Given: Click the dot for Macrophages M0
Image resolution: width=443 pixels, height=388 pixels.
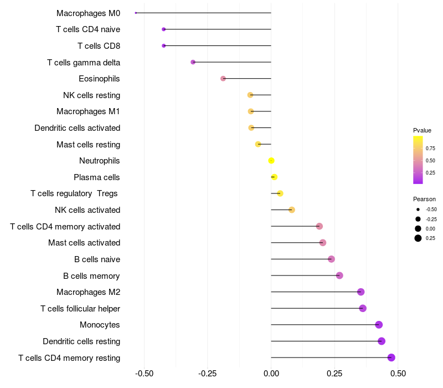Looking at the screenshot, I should point(136,13).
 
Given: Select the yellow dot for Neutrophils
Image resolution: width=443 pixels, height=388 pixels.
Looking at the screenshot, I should point(271,161).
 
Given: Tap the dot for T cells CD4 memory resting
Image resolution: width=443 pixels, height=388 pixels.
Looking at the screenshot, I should point(392,358).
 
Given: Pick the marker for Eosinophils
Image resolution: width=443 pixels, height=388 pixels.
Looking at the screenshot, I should point(223,79).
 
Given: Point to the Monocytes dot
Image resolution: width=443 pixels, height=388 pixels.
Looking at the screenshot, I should point(379,325).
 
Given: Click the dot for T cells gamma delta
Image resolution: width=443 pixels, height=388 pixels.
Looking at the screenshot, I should point(193,62).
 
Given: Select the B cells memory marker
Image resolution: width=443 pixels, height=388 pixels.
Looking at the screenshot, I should point(339,275).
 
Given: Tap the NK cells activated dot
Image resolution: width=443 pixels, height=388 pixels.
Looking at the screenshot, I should point(292,210).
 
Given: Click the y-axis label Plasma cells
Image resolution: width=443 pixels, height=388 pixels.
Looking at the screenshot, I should point(97,177).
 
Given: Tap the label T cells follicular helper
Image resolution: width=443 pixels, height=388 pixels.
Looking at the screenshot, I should point(80,308).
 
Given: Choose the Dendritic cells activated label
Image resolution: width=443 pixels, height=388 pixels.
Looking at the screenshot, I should point(78,128).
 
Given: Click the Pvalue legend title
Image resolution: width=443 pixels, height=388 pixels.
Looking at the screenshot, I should point(422,130).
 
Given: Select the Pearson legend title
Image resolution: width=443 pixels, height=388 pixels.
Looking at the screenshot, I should point(424,199).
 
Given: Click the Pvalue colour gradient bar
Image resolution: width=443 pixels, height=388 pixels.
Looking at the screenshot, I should point(418,160).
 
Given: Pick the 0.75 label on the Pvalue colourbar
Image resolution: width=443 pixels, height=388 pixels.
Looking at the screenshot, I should point(431,149).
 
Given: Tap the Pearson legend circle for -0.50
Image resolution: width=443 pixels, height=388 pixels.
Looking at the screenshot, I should point(418,210).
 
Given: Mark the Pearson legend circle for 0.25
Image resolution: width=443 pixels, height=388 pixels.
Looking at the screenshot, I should point(418,238).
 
